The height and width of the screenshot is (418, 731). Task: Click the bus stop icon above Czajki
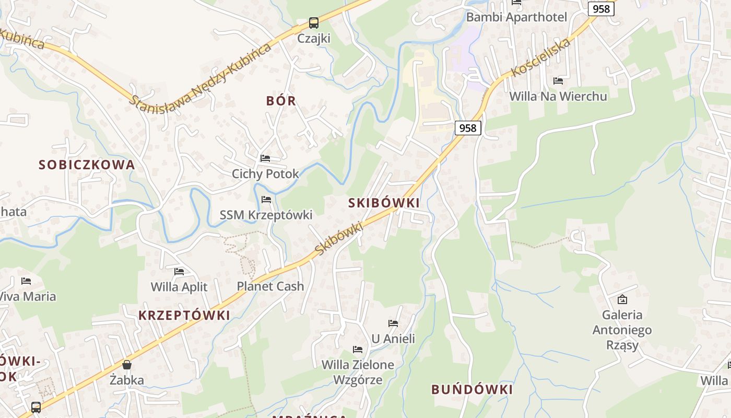click(313, 23)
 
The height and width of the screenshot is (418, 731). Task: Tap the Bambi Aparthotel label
click(516, 17)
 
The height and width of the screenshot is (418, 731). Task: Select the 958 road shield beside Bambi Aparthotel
click(601, 9)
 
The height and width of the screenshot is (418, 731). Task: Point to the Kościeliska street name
click(540, 58)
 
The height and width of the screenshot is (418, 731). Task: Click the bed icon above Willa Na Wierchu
click(558, 81)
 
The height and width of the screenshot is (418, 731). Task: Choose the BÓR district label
click(281, 101)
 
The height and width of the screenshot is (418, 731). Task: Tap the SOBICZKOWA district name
click(87, 165)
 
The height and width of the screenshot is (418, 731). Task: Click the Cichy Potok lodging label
click(265, 173)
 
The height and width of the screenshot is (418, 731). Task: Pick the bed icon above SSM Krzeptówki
click(266, 200)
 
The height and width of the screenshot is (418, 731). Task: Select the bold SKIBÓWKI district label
click(384, 203)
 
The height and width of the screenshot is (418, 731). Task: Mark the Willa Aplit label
click(179, 287)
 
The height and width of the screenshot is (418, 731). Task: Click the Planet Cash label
click(270, 286)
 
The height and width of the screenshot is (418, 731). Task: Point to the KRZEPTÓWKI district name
click(184, 316)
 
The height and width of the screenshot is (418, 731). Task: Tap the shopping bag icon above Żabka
click(126, 364)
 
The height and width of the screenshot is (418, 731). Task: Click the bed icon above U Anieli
click(393, 323)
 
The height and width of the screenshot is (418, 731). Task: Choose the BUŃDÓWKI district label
click(471, 390)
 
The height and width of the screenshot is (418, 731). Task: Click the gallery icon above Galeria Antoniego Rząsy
click(622, 299)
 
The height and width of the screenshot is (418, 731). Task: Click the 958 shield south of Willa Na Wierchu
click(467, 128)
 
